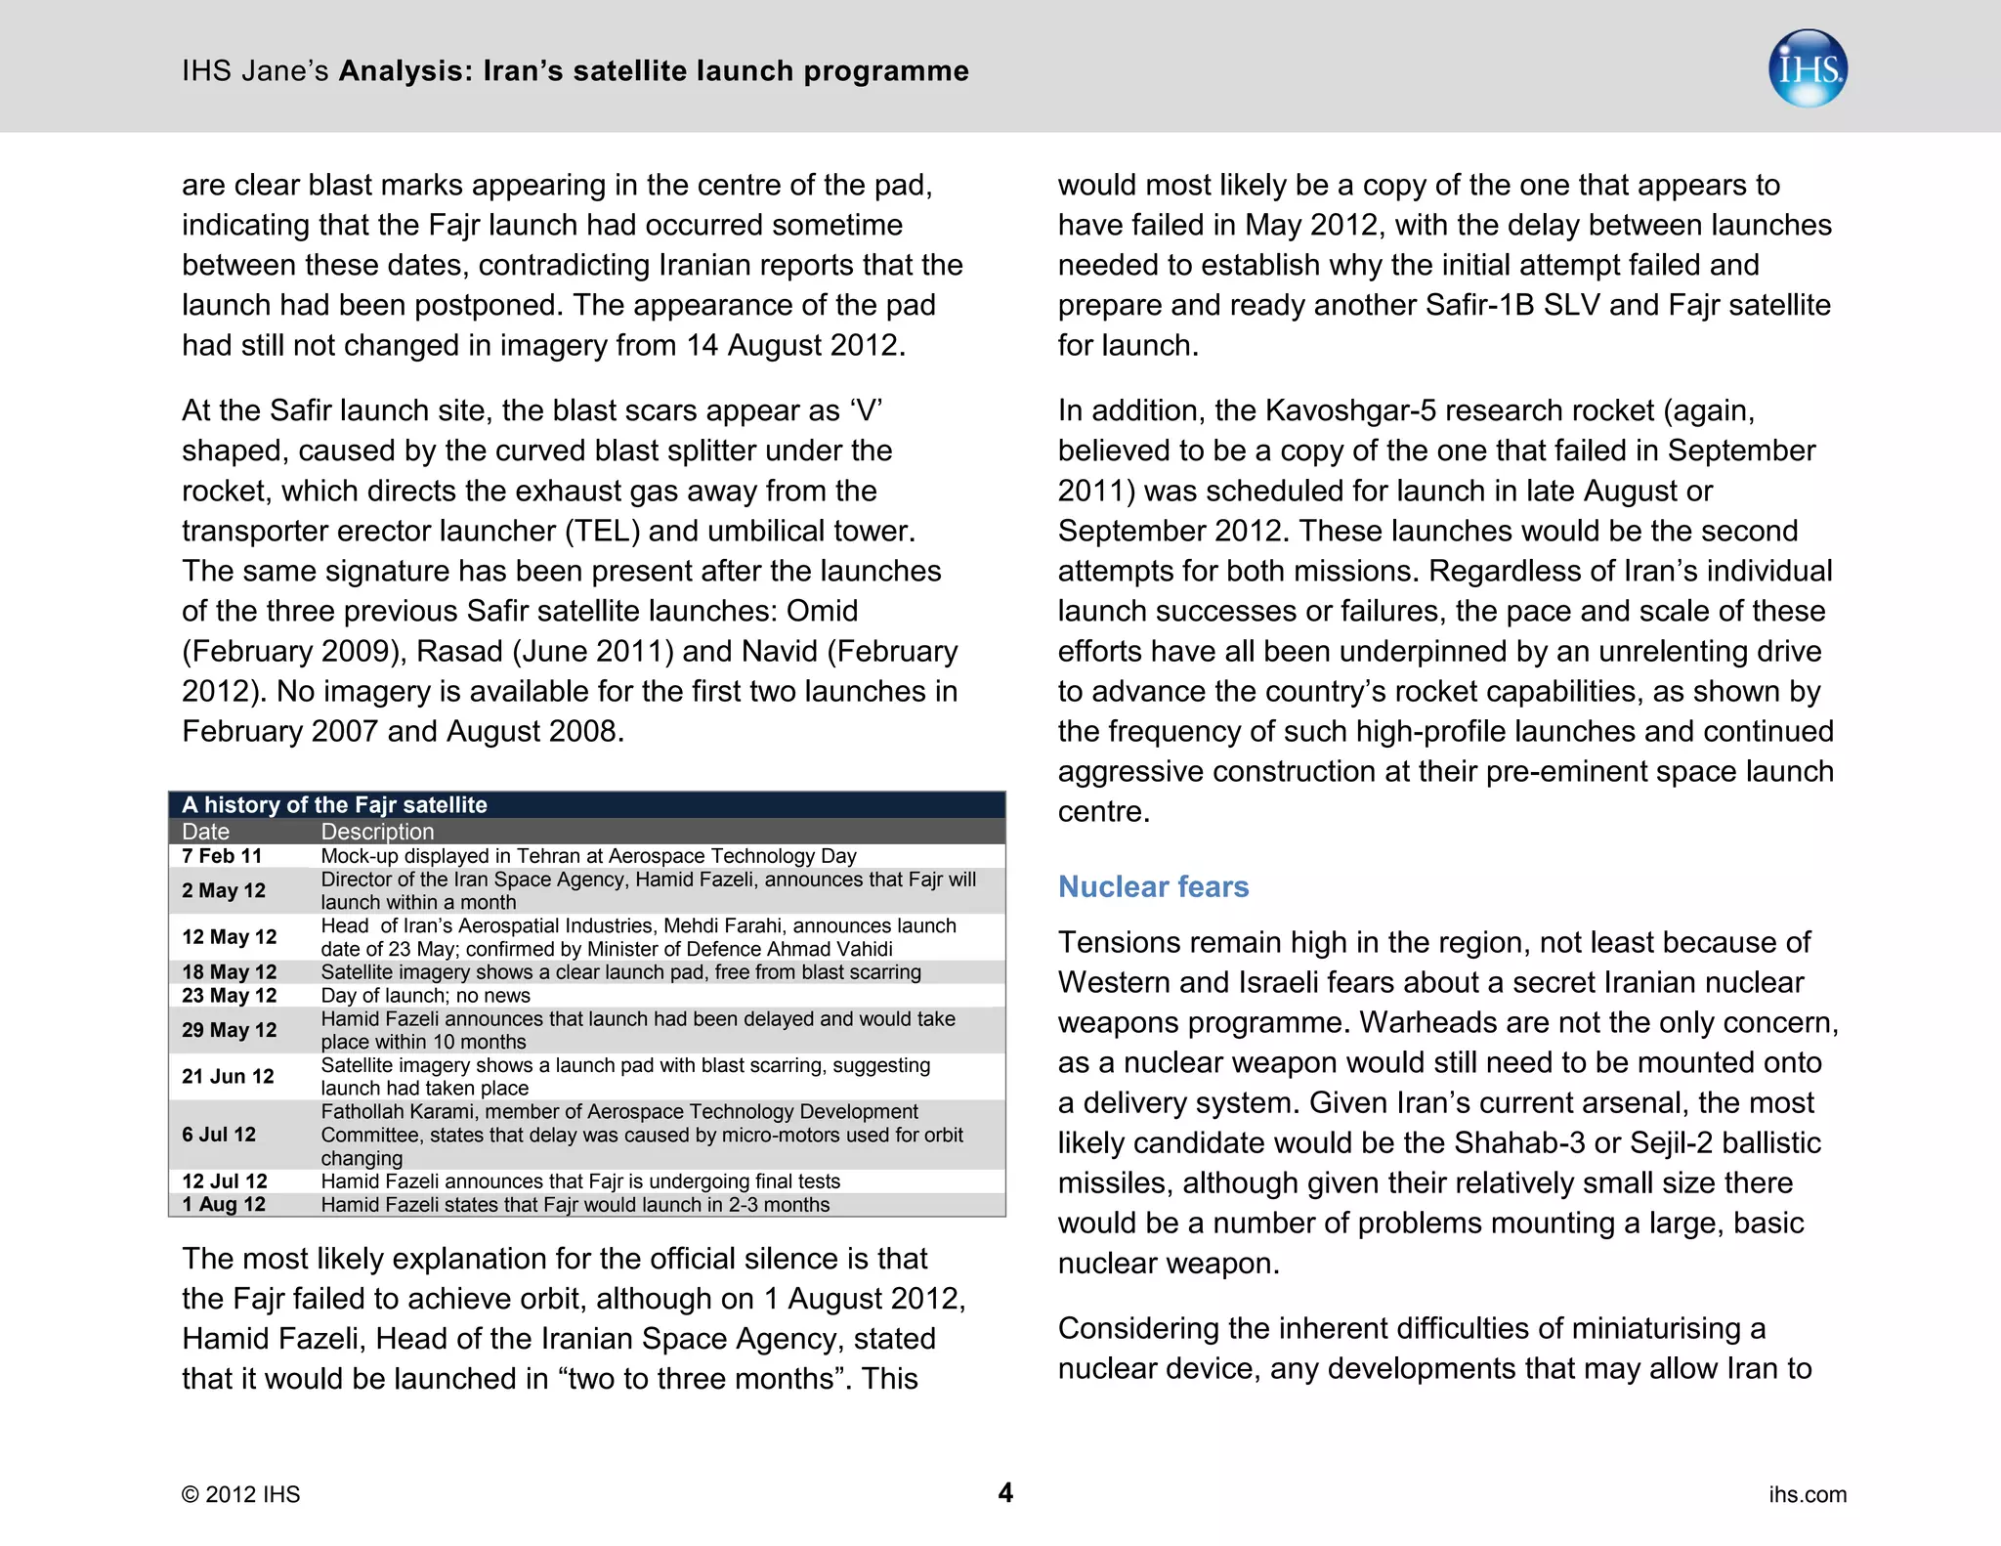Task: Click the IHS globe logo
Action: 1808,68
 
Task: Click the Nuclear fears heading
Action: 1153,886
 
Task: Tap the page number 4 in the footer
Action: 1005,1492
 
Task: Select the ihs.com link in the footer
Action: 1808,1494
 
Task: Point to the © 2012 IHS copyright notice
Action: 241,1494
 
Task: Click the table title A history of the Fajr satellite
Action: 334,804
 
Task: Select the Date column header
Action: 206,832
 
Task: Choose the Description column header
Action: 377,832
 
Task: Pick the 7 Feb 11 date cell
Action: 222,856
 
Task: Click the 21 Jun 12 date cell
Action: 228,1076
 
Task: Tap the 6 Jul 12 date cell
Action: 219,1135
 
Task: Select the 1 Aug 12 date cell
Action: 224,1204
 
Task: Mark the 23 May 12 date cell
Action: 230,995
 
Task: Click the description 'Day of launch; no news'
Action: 425,995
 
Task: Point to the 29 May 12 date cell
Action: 230,1030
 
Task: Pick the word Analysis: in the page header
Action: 406,70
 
